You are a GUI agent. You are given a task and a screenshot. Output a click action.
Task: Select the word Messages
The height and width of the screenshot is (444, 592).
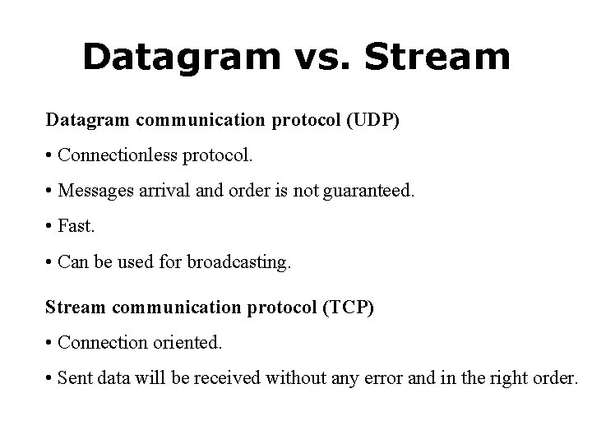click(x=93, y=192)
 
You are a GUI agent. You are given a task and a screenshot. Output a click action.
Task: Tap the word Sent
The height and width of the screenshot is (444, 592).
click(x=74, y=377)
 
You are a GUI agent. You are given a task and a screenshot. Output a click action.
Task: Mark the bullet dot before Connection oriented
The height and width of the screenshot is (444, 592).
click(x=50, y=342)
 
